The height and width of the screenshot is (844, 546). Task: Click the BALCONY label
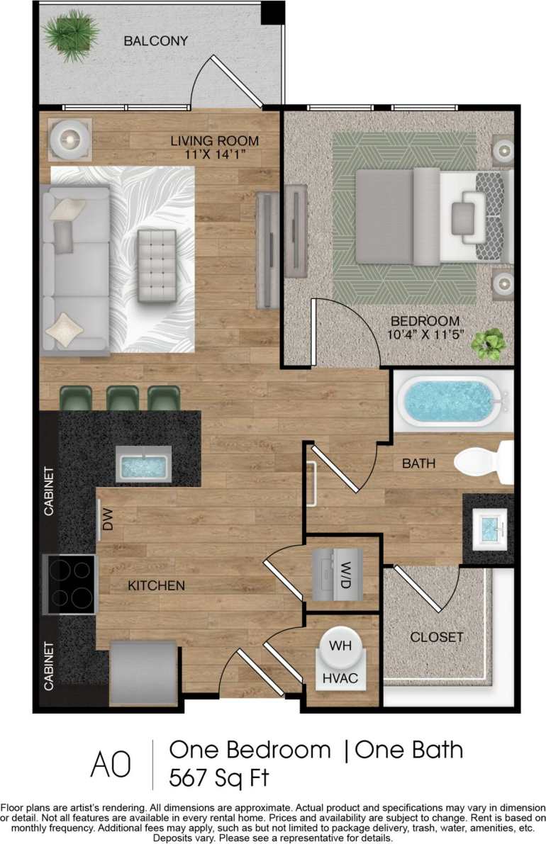click(x=156, y=41)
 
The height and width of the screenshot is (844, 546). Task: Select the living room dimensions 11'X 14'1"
click(x=214, y=154)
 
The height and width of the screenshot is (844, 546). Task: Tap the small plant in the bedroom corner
click(x=489, y=343)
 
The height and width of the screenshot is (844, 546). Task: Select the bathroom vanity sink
click(x=489, y=527)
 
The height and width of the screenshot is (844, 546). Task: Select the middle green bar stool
click(x=122, y=398)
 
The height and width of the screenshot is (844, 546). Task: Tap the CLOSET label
click(x=437, y=637)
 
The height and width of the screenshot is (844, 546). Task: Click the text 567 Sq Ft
click(x=218, y=777)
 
